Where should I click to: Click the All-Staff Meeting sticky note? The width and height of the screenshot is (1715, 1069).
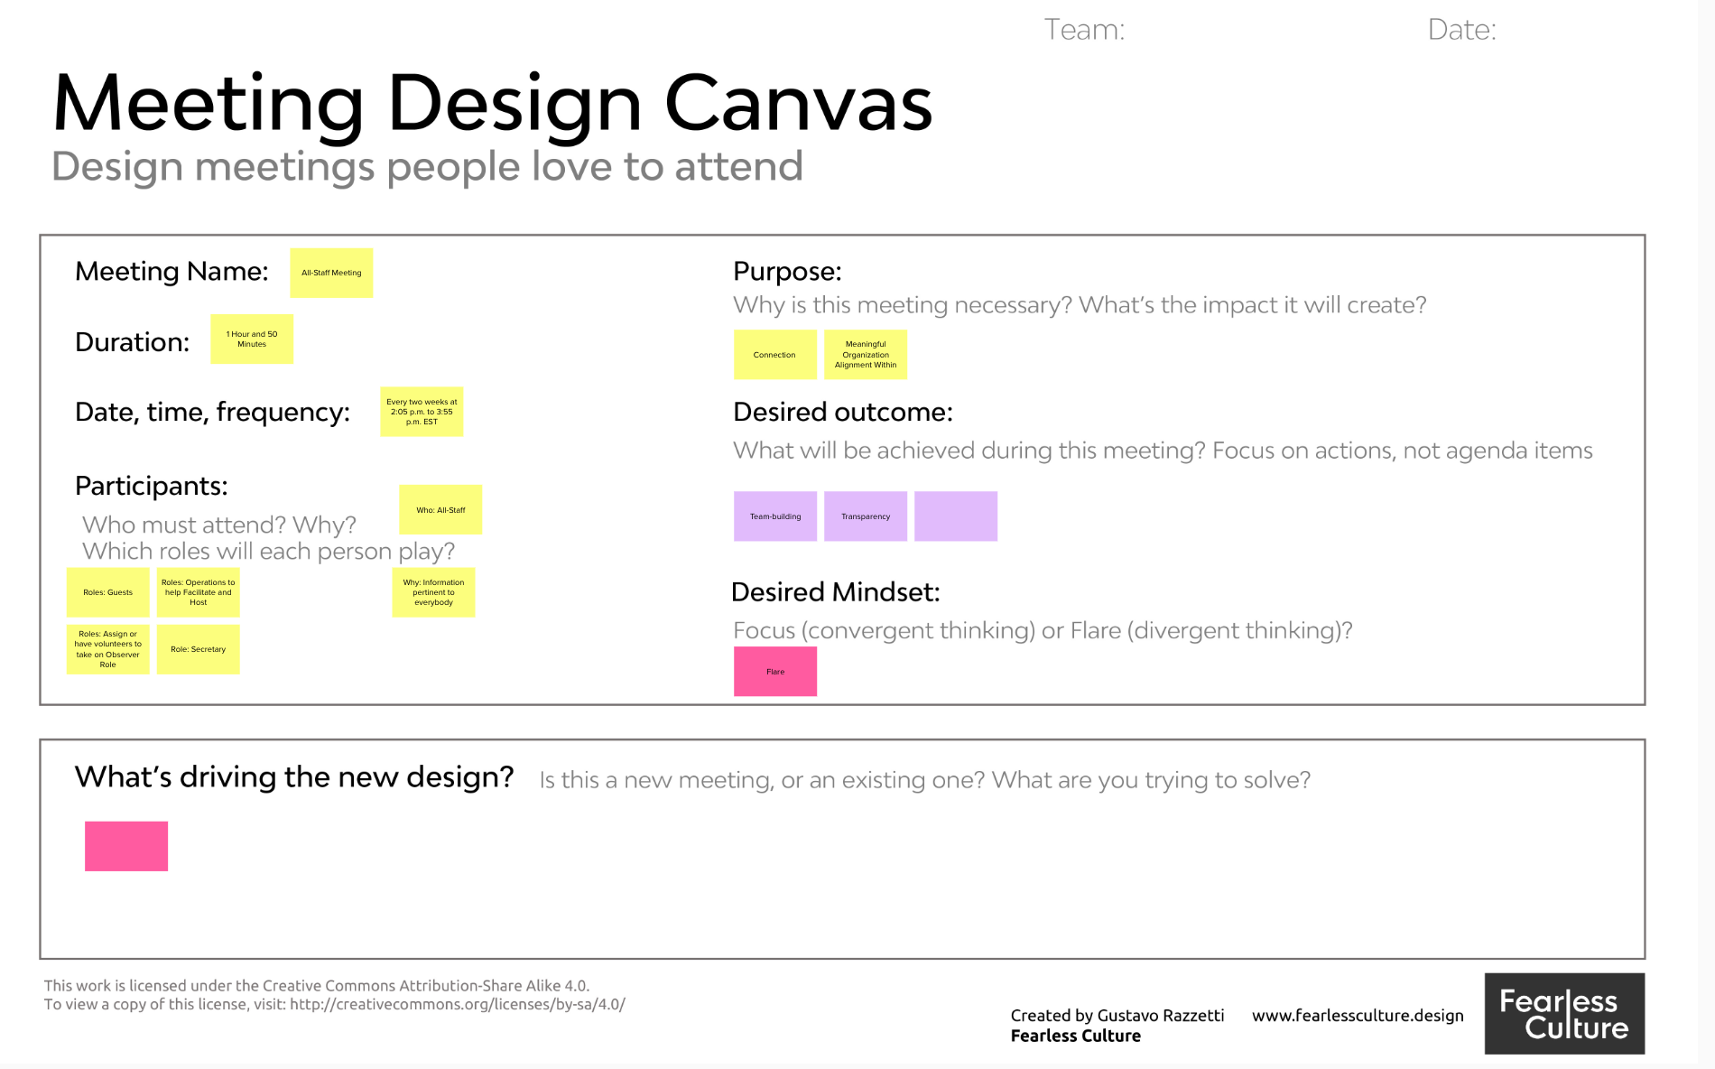pos(331,273)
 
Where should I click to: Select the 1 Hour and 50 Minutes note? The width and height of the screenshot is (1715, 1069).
pos(252,339)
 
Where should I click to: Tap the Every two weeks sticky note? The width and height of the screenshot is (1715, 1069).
pos(422,412)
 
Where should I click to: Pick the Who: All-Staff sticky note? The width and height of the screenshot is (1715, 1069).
pos(440,510)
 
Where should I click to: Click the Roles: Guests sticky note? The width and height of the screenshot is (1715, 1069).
pos(108,592)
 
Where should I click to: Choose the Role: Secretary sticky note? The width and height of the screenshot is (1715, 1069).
pos(199,649)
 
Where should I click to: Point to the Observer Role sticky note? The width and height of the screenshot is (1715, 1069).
pos(108,649)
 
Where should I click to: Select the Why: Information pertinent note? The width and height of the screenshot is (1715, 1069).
pos(433,592)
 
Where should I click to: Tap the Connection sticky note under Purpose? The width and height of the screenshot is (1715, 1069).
pos(775,355)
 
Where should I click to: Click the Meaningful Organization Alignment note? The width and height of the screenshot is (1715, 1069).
pos(866,355)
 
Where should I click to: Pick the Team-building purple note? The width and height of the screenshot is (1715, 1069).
pos(775,516)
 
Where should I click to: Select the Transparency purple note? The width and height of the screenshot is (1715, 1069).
pos(866,516)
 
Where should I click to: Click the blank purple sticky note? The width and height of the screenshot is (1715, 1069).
pos(956,516)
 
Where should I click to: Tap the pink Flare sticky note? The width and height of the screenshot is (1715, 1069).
pos(775,672)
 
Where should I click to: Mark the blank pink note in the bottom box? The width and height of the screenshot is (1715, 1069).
pos(126,846)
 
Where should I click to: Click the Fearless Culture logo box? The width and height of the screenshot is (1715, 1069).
pos(1564,1014)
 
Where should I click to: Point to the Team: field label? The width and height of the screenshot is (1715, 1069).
pos(1084,30)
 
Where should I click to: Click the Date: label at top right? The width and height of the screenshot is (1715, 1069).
pos(1461,30)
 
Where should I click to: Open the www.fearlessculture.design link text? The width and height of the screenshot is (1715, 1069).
pos(1358,1016)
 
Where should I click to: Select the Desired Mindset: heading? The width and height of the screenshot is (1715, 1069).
pos(835,592)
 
